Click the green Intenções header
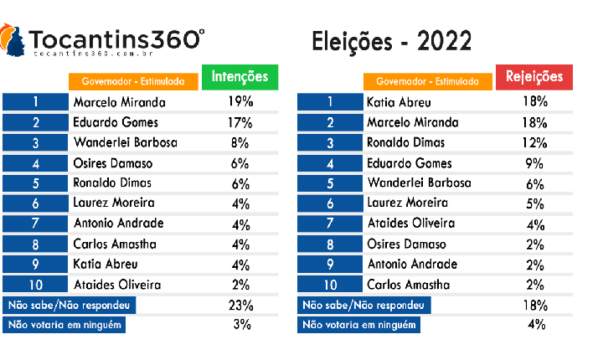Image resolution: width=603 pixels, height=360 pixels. (240, 76)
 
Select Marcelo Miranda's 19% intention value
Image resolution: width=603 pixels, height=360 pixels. (241, 103)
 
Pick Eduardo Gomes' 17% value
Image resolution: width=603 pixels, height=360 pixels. (241, 123)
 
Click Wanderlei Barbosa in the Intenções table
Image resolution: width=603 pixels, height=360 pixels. (126, 143)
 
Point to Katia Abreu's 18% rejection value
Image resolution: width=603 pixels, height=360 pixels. (534, 103)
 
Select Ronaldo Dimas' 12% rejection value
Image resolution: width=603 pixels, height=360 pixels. (534, 143)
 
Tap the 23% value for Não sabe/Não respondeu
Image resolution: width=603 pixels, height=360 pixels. (241, 305)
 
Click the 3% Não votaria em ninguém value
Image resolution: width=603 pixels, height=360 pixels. (241, 325)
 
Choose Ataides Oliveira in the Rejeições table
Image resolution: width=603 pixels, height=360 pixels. (411, 224)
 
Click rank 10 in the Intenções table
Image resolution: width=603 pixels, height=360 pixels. (36, 285)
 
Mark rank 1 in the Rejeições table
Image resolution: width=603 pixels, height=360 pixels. (330, 103)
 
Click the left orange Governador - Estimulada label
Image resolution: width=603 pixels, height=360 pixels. (133, 82)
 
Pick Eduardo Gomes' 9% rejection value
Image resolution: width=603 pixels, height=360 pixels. (534, 163)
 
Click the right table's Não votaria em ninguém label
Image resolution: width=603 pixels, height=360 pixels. (359, 325)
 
